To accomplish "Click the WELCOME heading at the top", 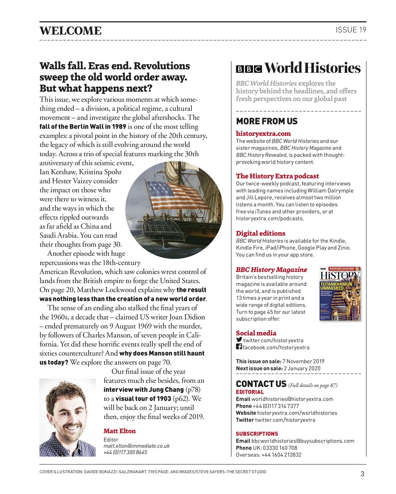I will [70, 31].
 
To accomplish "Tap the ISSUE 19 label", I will [350, 30].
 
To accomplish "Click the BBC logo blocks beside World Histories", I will [249, 69].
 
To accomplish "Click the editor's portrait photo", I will [68, 418].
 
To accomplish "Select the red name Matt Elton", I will [119, 431].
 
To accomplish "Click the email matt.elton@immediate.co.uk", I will [136, 446].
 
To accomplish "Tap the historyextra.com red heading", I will [263, 134].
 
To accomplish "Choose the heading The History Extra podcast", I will [277, 176].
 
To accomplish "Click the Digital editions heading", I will [260, 233].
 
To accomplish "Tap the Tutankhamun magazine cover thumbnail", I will [340, 294].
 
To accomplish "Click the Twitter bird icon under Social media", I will [239, 340].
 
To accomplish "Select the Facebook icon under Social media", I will [239, 347].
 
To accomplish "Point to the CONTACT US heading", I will [261, 384].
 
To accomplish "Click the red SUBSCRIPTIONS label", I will [257, 434].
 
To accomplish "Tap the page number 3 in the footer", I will [362, 474].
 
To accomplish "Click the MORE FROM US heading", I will [266, 121].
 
